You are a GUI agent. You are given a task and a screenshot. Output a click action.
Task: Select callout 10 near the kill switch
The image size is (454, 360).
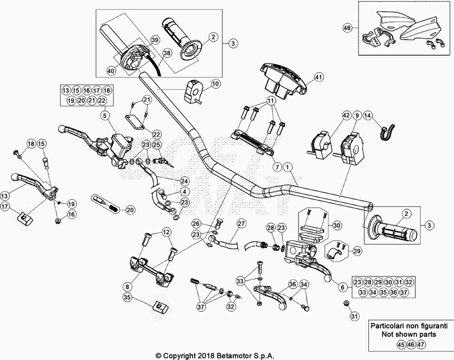pos(215,84)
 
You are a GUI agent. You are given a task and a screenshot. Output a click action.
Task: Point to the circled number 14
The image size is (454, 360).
pos(368,115)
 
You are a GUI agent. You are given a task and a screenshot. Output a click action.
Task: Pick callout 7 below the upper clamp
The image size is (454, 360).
pos(277,168)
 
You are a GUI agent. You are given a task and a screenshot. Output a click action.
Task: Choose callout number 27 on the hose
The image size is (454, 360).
pos(241,223)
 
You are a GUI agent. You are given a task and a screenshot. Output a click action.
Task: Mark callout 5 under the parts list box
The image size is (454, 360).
pos(104,115)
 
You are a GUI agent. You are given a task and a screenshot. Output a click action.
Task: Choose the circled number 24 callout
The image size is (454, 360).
pos(184,181)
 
